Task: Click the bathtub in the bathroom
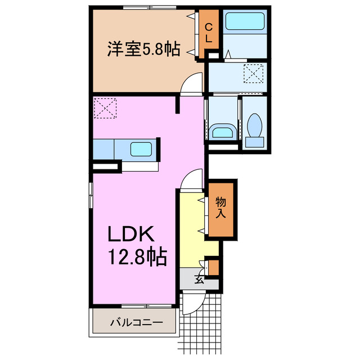[245, 24]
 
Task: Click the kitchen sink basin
[140, 150]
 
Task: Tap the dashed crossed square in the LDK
[105, 108]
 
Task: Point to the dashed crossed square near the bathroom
[253, 73]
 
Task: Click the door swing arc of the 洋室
[193, 84]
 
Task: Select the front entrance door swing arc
[191, 304]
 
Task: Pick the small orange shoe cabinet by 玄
[213, 267]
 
